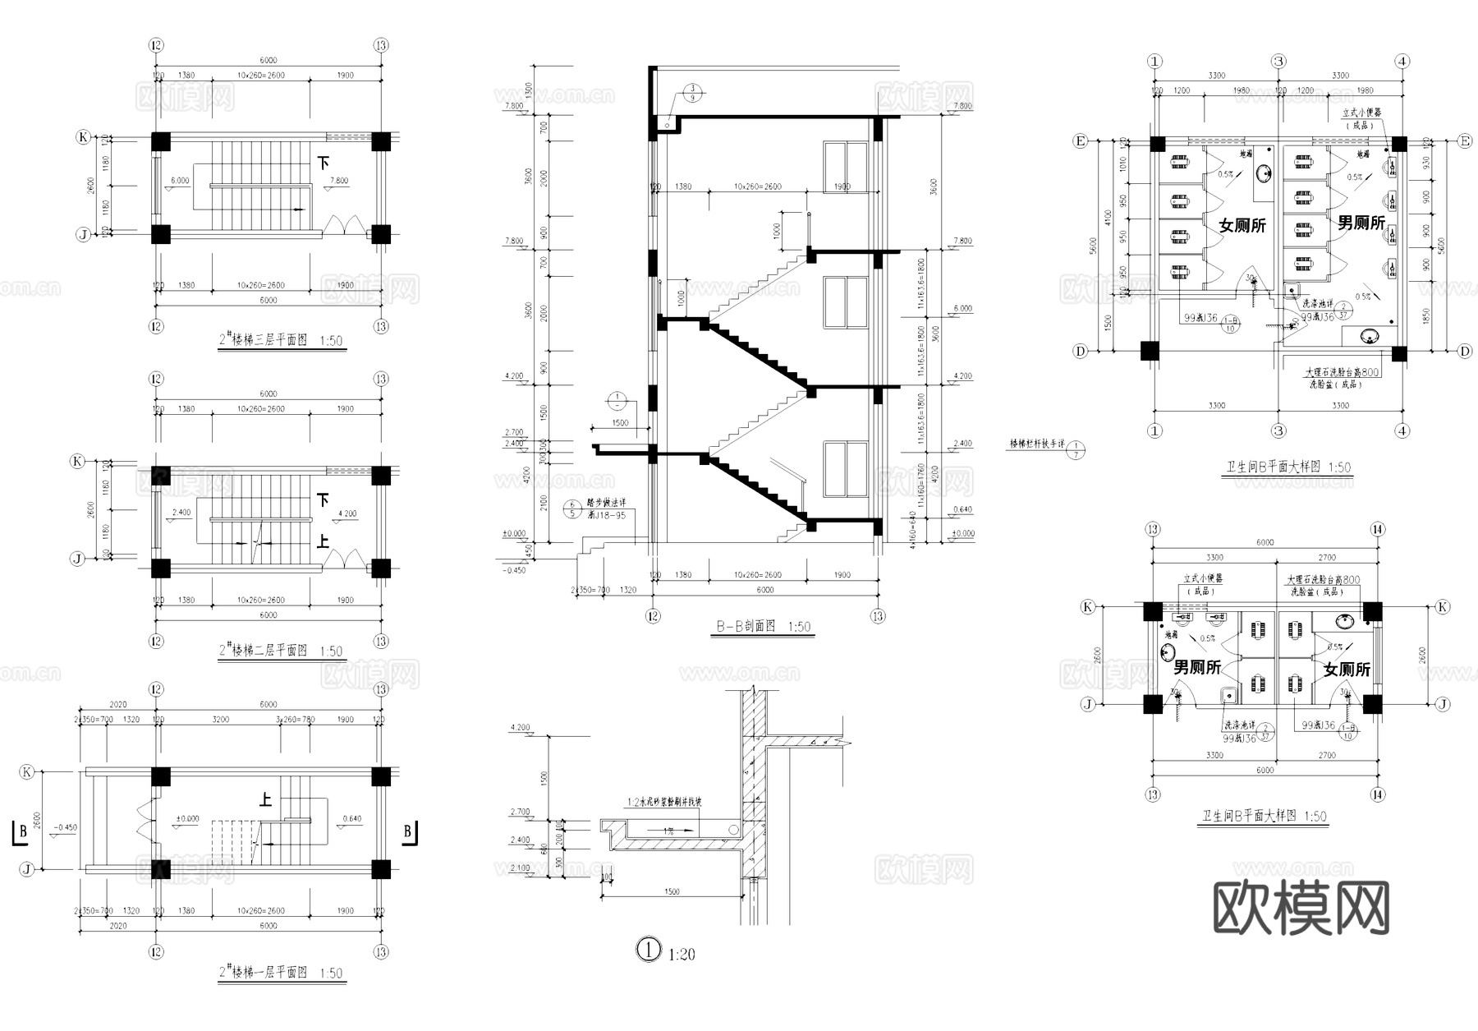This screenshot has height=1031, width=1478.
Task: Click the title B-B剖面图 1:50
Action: (x=763, y=626)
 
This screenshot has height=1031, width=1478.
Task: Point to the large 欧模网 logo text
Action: (x=1301, y=908)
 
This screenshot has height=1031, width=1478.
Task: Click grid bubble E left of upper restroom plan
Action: (x=1081, y=141)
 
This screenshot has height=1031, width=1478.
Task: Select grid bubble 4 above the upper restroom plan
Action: (x=1402, y=62)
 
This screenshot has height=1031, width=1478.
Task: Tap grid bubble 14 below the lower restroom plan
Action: (x=1377, y=794)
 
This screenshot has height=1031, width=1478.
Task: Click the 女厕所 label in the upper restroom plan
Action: (x=1242, y=225)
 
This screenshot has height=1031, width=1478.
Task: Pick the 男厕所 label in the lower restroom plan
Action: (x=1196, y=667)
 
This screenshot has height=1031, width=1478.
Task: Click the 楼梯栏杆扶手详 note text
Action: (x=1036, y=444)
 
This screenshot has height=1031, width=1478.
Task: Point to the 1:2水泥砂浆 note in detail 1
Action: (x=664, y=803)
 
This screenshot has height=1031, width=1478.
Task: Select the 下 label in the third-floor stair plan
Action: (x=324, y=163)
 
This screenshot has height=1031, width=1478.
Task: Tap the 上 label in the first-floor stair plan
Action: (x=265, y=799)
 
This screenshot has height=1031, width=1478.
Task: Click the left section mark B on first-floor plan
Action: (x=20, y=831)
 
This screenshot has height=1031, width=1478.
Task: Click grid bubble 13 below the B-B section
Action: (x=878, y=616)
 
